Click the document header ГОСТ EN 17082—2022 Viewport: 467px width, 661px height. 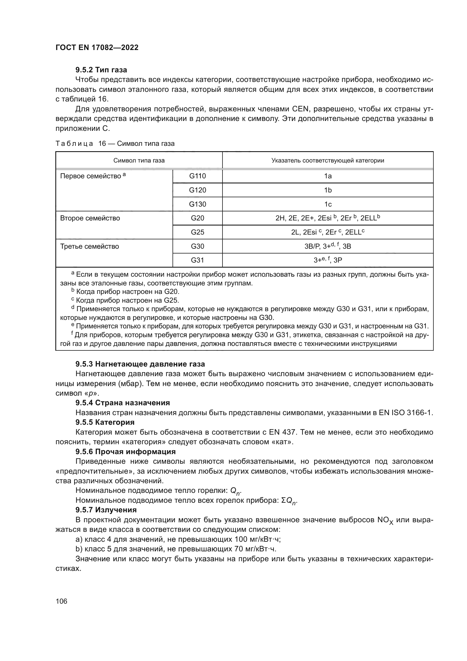[97, 47]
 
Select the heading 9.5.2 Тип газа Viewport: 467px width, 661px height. [101, 70]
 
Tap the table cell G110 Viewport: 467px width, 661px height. [197, 176]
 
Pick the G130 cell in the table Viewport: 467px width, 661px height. [197, 204]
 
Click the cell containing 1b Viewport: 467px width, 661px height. [328, 190]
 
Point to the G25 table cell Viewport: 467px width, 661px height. [197, 232]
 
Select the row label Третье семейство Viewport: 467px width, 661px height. [90, 246]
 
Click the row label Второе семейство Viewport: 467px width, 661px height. [90, 218]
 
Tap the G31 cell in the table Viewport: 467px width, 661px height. [197, 260]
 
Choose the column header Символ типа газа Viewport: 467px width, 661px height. [139, 160]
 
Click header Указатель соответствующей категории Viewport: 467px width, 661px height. [328, 160]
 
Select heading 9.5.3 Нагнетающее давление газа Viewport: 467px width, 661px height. [140, 364]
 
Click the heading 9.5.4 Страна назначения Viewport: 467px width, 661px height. [123, 402]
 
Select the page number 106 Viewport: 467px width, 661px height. [61, 601]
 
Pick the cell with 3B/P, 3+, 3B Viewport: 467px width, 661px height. [328, 246]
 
